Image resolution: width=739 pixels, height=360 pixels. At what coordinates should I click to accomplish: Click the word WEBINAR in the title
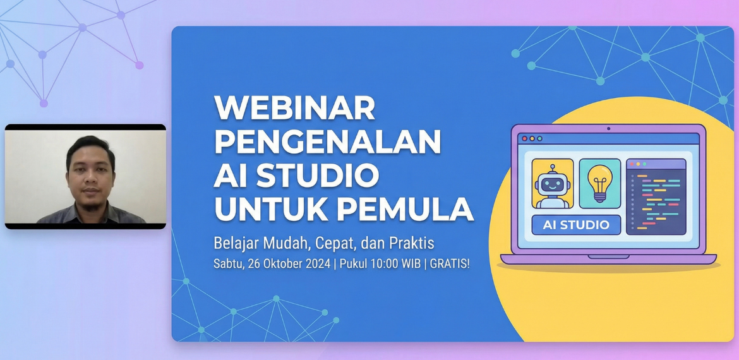(294, 108)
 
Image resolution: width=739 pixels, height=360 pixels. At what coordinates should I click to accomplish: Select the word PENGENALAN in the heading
(328, 141)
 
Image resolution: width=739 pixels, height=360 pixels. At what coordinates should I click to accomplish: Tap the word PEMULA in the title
(406, 209)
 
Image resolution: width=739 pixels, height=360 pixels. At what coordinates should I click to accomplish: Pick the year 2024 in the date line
(318, 263)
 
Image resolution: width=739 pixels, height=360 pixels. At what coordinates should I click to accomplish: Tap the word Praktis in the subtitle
(411, 243)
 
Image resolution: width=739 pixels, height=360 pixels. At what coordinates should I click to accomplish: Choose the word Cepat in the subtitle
(335, 244)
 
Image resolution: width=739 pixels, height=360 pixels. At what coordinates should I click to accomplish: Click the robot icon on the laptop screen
(553, 184)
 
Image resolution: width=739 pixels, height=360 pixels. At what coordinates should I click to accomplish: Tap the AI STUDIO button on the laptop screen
(576, 225)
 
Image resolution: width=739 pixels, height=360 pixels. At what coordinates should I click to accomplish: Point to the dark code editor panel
(656, 196)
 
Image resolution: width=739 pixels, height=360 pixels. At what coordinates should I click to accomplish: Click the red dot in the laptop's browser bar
(524, 138)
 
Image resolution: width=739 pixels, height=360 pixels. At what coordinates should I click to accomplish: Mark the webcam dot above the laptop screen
(608, 129)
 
